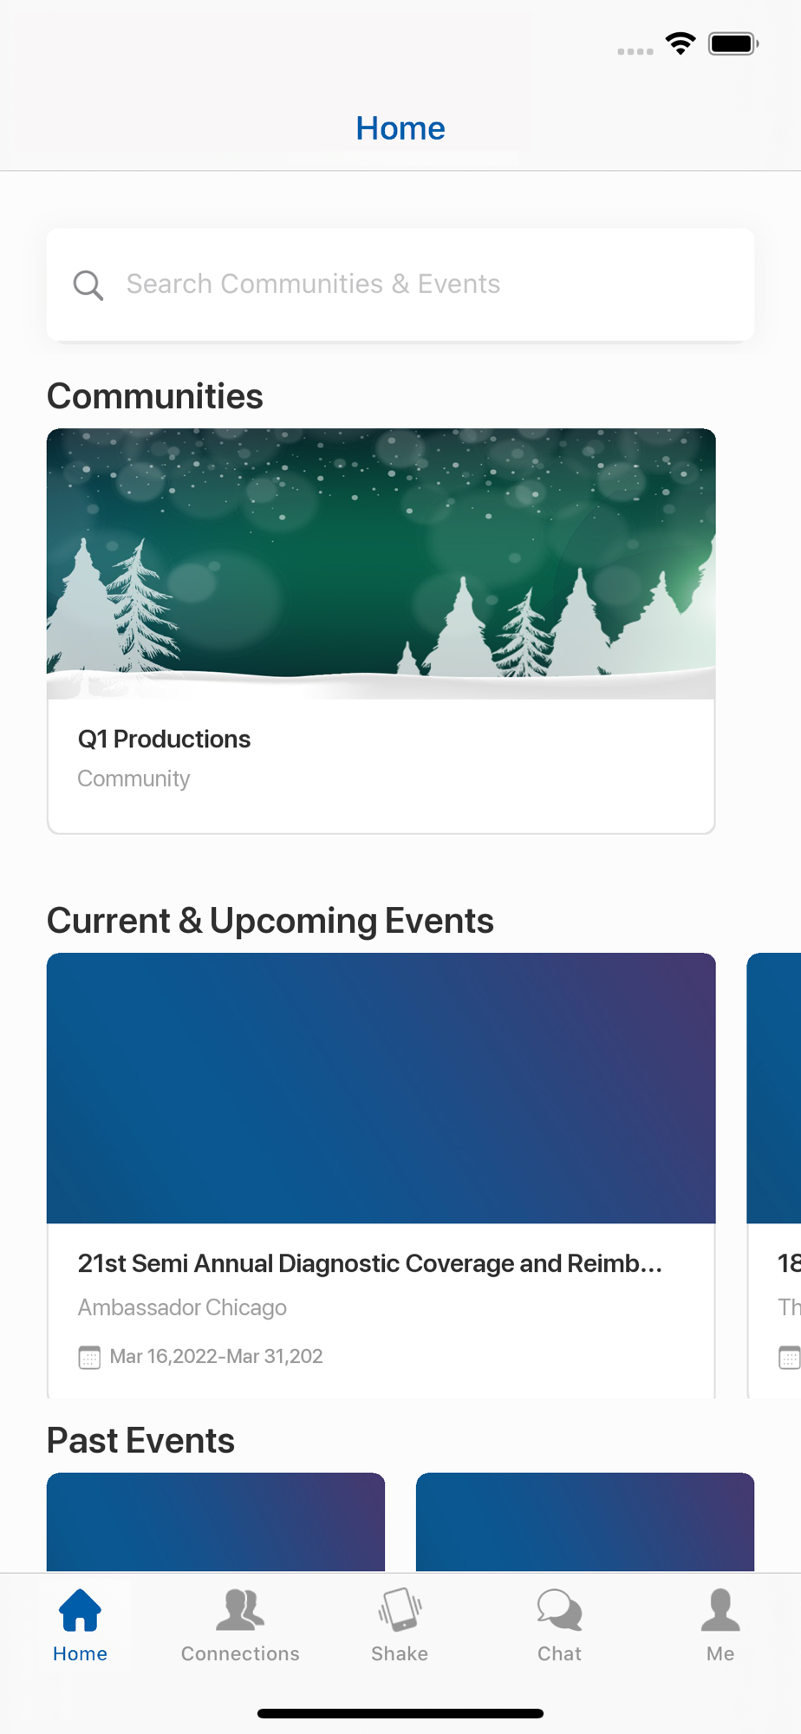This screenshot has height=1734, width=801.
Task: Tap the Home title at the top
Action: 400,128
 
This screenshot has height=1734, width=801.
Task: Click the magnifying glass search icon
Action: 88,284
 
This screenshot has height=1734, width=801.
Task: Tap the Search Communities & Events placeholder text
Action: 313,284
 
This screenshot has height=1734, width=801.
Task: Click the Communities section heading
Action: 155,396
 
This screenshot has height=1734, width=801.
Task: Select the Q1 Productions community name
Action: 164,739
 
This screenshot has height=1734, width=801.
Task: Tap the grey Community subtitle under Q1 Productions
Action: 133,779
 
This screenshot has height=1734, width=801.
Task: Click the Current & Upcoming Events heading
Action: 270,921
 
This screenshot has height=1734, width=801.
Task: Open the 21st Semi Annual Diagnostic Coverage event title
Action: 370,1263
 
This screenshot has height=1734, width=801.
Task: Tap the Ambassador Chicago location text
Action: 182,1307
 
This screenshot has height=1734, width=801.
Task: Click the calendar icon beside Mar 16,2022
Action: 89,1357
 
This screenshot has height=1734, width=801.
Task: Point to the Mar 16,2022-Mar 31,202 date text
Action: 216,1356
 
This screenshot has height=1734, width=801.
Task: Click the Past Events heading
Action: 140,1440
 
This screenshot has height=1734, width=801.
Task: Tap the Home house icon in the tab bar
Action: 80,1610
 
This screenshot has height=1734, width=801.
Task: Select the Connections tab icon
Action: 240,1610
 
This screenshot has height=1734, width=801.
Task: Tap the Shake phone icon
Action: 400,1610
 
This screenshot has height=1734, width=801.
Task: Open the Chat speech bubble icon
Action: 560,1610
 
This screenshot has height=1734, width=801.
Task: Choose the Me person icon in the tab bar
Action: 720,1610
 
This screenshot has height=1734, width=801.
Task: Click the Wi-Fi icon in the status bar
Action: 681,43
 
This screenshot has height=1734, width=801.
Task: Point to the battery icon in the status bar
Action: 733,43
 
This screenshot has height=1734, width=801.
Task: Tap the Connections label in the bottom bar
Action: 240,1653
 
